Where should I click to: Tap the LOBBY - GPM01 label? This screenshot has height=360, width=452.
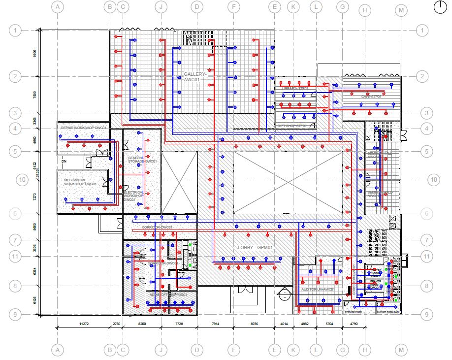click(255, 247)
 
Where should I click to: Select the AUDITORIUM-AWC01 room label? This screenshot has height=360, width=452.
click(318, 290)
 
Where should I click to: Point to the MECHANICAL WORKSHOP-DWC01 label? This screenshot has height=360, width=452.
click(80, 182)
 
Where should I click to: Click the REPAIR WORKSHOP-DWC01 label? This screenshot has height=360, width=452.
click(84, 128)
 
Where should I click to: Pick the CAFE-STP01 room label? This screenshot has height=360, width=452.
click(371, 97)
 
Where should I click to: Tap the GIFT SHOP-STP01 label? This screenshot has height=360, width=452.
click(292, 126)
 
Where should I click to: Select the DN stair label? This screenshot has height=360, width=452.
click(64, 161)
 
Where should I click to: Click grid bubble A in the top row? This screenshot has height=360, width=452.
click(58, 7)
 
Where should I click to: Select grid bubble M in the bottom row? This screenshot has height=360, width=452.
click(402, 350)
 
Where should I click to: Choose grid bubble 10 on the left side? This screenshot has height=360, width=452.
click(22, 180)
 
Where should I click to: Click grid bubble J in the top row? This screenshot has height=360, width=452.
click(161, 7)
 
